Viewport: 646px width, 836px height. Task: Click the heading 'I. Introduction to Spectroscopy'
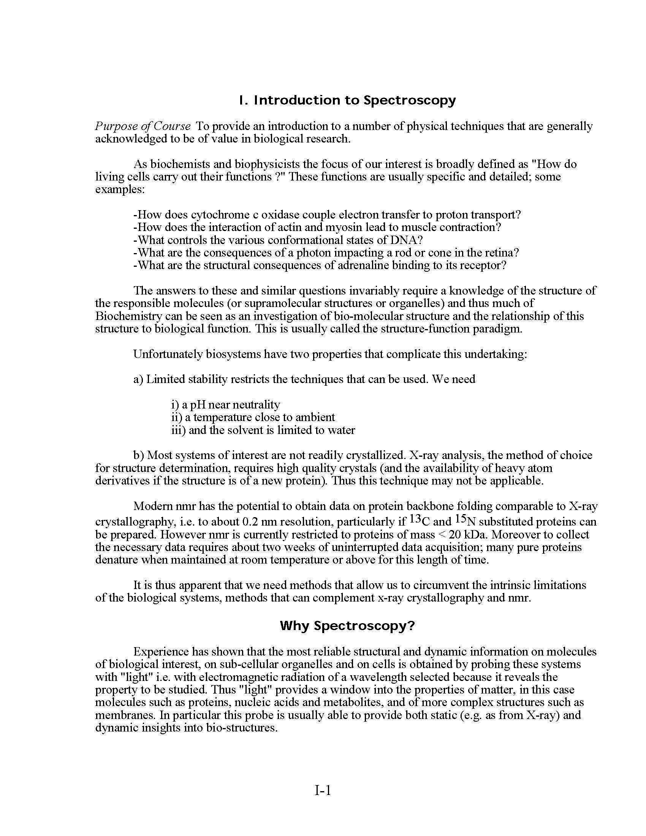tap(347, 100)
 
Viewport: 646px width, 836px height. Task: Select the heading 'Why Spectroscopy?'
tap(347, 626)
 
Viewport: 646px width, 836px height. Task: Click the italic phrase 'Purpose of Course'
tap(143, 126)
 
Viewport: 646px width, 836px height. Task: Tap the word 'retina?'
tap(501, 253)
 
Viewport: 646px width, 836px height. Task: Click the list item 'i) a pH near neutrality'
tap(225, 405)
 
